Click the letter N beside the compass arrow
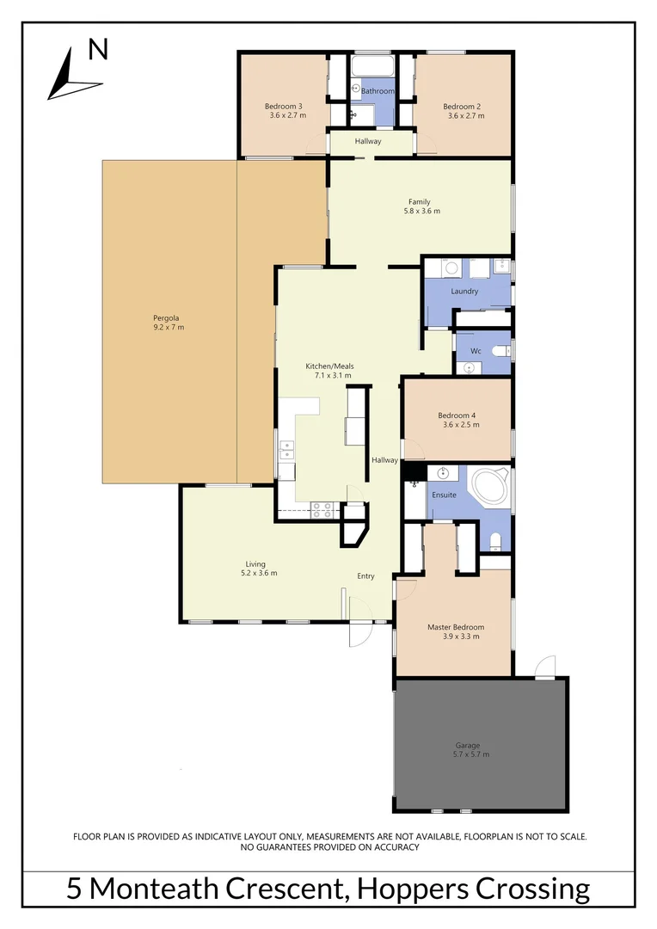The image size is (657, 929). click(99, 50)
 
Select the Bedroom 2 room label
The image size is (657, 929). click(462, 107)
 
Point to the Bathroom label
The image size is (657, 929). click(378, 91)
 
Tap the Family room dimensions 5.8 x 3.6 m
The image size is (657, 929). click(420, 212)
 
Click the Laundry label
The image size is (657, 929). click(464, 292)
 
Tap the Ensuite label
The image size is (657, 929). click(444, 495)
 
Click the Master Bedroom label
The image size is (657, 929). click(456, 628)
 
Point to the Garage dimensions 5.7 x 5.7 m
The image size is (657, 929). click(468, 754)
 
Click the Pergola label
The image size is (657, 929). click(169, 317)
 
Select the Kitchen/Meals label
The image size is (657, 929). click(329, 366)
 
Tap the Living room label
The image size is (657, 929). click(255, 564)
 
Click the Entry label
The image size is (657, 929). click(366, 576)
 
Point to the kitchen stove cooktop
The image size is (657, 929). click(322, 509)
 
